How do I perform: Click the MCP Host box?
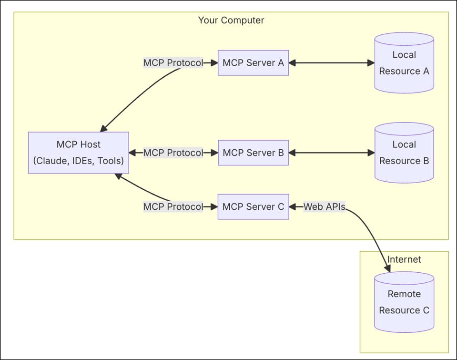click(78, 153)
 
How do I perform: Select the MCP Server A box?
click(253, 62)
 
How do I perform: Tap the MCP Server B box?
click(253, 153)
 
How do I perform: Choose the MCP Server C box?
click(253, 206)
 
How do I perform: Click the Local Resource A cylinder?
click(404, 63)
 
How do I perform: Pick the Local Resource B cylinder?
click(404, 153)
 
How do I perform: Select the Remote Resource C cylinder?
click(404, 302)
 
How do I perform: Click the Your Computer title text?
click(231, 20)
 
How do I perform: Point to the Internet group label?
click(404, 259)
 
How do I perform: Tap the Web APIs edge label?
click(325, 206)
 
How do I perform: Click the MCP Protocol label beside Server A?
click(173, 62)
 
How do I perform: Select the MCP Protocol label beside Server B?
click(173, 153)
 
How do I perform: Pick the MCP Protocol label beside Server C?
click(173, 206)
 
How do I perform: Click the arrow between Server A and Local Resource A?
click(332, 62)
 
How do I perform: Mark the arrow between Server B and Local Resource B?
click(332, 153)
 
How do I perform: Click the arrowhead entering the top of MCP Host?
click(103, 128)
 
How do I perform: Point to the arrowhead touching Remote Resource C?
click(387, 268)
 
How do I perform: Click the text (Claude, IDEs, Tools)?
click(78, 161)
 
